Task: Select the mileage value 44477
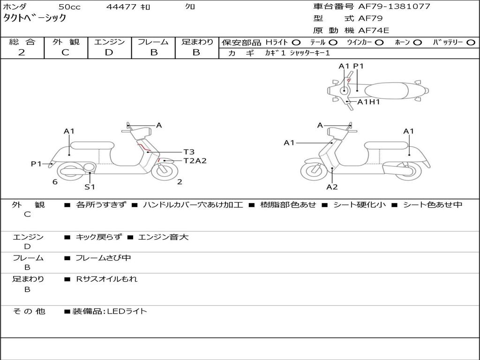point(121,7)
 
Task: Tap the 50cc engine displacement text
point(69,7)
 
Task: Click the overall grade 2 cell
point(22,52)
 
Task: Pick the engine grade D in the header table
point(109,52)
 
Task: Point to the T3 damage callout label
point(188,152)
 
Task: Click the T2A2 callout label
point(195,161)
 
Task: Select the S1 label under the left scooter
point(90,187)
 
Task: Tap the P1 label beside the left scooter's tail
point(36,164)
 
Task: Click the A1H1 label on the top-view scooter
point(368,102)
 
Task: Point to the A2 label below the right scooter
point(332,187)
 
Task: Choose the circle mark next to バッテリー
point(471,43)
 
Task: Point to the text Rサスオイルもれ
point(107,279)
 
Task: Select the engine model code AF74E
point(374,31)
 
